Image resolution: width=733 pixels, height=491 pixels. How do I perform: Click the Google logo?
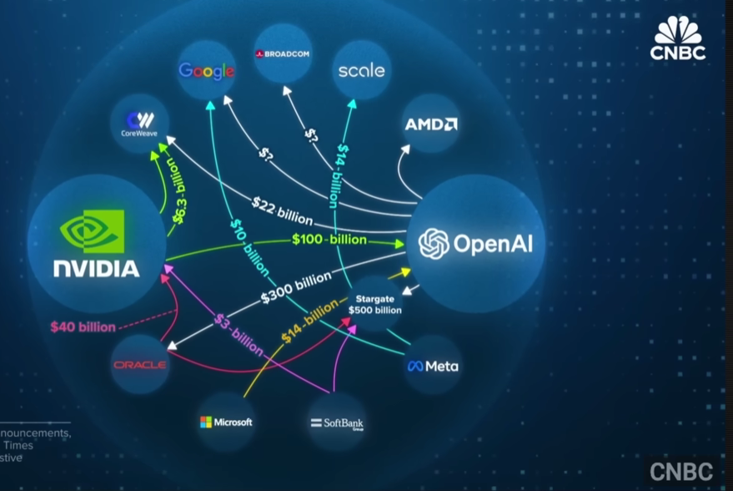click(206, 71)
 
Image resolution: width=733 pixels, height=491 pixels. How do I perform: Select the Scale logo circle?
click(361, 70)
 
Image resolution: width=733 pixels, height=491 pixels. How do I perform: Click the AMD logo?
click(430, 124)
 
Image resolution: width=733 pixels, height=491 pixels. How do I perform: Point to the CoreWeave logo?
click(139, 124)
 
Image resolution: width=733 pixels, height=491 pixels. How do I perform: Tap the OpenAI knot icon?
click(434, 244)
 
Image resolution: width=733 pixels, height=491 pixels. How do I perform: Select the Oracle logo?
click(139, 365)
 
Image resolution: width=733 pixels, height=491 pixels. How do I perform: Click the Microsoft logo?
click(226, 422)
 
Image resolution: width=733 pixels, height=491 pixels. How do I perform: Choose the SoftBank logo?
click(337, 423)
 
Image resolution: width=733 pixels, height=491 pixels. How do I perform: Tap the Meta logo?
click(432, 366)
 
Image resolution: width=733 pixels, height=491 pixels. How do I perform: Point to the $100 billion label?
click(329, 240)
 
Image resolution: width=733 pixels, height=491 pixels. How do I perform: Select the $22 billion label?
click(282, 212)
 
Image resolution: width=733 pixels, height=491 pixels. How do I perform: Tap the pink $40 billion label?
click(83, 326)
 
